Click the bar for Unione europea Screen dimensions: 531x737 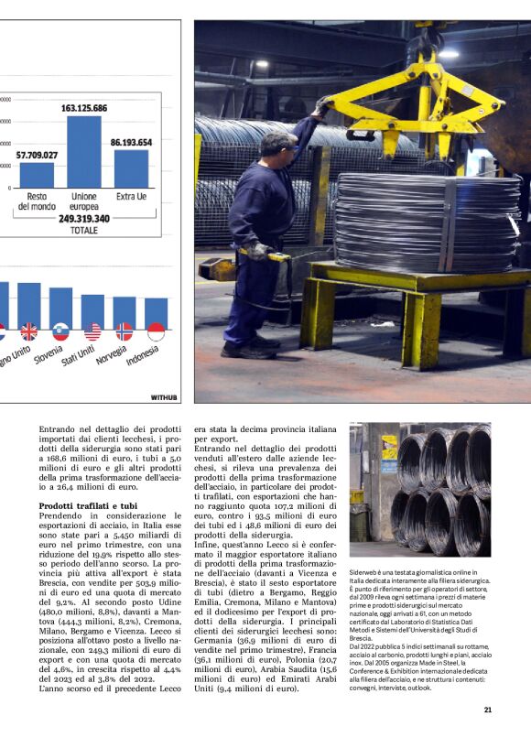click(84, 151)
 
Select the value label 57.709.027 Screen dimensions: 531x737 click(38, 156)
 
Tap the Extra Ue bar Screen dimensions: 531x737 click(131, 168)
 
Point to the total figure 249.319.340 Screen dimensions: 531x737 click(84, 219)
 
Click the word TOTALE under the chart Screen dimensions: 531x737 click(84, 231)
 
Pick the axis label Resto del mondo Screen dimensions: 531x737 click(37, 201)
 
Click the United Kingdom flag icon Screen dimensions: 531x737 click(29, 331)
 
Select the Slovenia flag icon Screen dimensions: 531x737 click(60, 331)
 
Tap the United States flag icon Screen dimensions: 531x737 click(92, 331)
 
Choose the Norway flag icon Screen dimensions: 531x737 click(124, 331)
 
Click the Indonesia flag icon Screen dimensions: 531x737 click(156, 331)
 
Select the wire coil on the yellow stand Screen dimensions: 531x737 click(427, 222)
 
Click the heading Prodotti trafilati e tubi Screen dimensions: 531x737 click(88, 505)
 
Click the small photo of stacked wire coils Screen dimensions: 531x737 click(420, 489)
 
